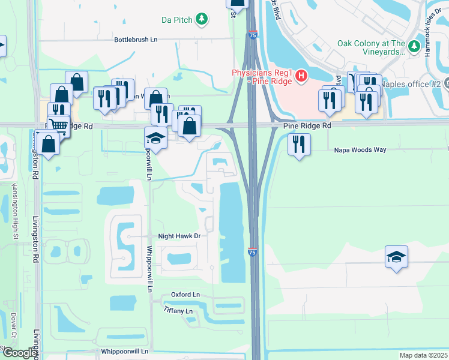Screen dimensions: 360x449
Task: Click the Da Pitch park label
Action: click(x=177, y=20)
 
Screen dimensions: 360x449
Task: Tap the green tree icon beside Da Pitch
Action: click(x=203, y=20)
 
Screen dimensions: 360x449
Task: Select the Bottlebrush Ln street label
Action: click(x=136, y=40)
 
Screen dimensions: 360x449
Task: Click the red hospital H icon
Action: click(x=302, y=76)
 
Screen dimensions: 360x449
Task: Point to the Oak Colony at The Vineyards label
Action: click(x=371, y=47)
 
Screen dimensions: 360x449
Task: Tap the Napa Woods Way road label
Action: click(x=360, y=150)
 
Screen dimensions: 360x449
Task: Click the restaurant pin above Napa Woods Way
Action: click(x=298, y=145)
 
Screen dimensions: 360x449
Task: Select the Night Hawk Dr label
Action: click(x=179, y=236)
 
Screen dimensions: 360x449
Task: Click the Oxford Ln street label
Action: click(x=185, y=295)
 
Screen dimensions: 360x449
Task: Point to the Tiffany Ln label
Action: click(x=178, y=311)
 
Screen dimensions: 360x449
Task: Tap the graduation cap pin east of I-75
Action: click(x=396, y=257)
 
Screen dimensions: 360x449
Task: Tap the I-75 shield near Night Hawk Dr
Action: click(x=253, y=254)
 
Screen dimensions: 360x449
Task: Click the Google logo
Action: click(x=20, y=353)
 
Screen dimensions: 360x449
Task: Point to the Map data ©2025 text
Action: click(x=423, y=355)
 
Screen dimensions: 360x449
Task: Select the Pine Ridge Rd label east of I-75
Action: click(x=307, y=127)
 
